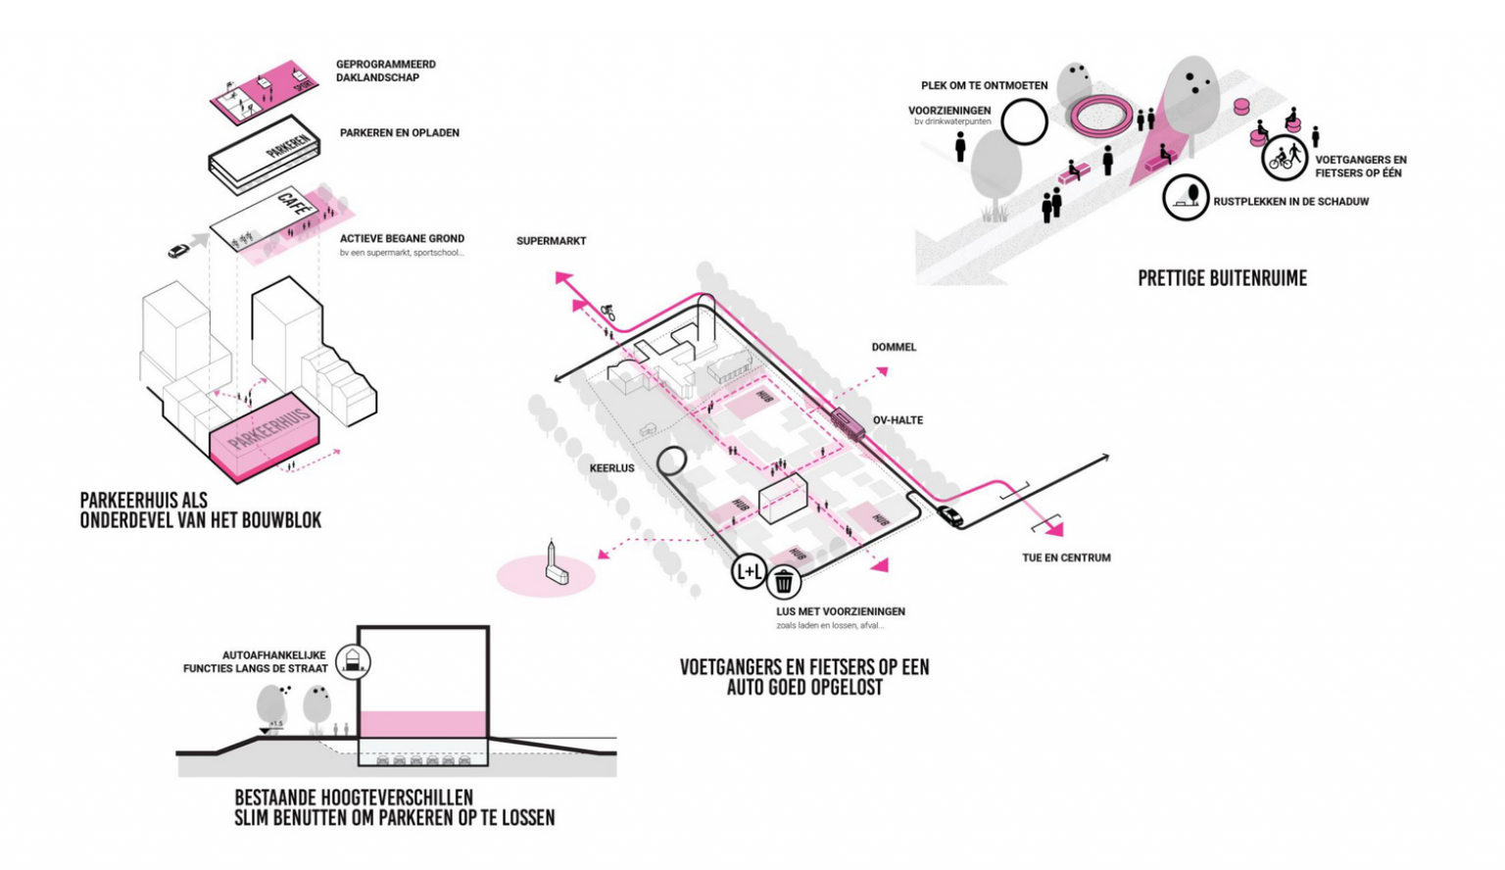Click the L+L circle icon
(x=749, y=570)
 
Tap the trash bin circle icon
(x=784, y=582)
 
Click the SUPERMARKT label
(x=552, y=241)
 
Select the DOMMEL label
(x=894, y=347)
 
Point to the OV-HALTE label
(x=898, y=420)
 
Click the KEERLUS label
(x=611, y=468)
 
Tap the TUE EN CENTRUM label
(x=1066, y=557)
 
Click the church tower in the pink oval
(x=555, y=565)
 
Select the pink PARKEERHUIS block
(x=265, y=441)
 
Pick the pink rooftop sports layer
(x=263, y=93)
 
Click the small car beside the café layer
(x=177, y=251)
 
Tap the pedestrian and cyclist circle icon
(x=1285, y=157)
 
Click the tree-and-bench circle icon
(x=1186, y=197)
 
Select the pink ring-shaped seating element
(x=1100, y=116)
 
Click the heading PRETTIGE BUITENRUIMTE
(x=1222, y=278)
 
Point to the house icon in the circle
(x=353, y=662)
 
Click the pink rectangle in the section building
(x=422, y=724)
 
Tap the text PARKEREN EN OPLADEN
(x=399, y=132)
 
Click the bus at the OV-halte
(x=848, y=423)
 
